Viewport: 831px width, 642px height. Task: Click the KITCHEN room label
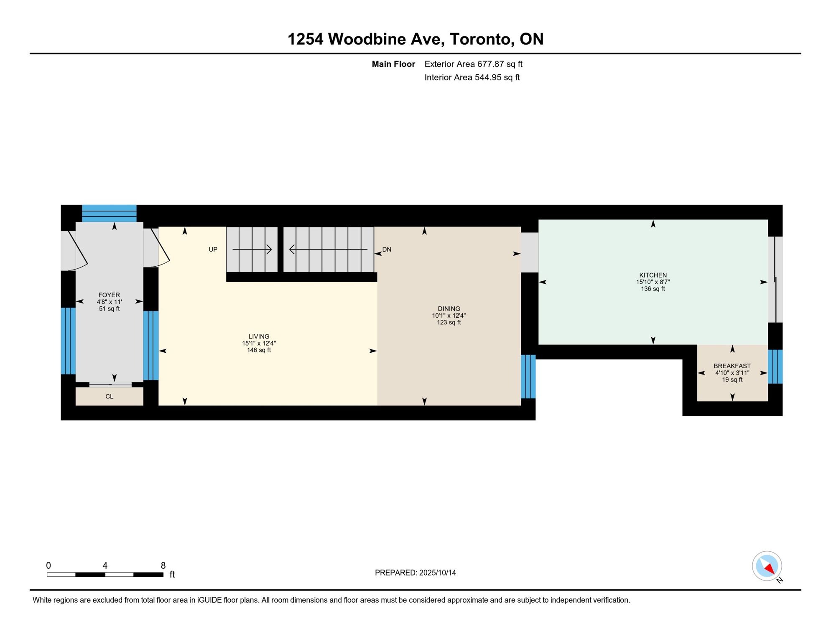(x=653, y=275)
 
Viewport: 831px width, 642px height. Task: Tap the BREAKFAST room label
(x=732, y=366)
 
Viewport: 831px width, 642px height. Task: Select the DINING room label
(x=449, y=308)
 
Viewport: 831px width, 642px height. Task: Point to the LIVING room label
(x=259, y=336)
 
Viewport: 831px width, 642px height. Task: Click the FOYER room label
(x=109, y=295)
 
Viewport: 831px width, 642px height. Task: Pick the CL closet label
(x=109, y=396)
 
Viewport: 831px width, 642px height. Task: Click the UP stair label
(x=213, y=250)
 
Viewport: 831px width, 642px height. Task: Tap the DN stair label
(x=387, y=250)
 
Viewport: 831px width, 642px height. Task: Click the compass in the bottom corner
(x=767, y=566)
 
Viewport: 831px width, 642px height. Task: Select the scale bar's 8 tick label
(x=163, y=566)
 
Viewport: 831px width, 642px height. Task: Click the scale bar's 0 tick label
(x=48, y=566)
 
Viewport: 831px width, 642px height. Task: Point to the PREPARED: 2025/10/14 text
(x=415, y=573)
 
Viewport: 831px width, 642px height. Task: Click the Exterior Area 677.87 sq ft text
(x=473, y=64)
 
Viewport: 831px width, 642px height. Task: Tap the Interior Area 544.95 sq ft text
(x=472, y=77)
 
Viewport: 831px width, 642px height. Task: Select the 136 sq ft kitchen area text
(x=653, y=288)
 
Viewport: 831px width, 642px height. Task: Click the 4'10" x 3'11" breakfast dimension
(x=732, y=372)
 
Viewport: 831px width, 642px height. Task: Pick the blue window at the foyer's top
(x=109, y=213)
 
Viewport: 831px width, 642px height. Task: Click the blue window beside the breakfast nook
(x=775, y=367)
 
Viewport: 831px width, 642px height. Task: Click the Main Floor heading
(x=393, y=64)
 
